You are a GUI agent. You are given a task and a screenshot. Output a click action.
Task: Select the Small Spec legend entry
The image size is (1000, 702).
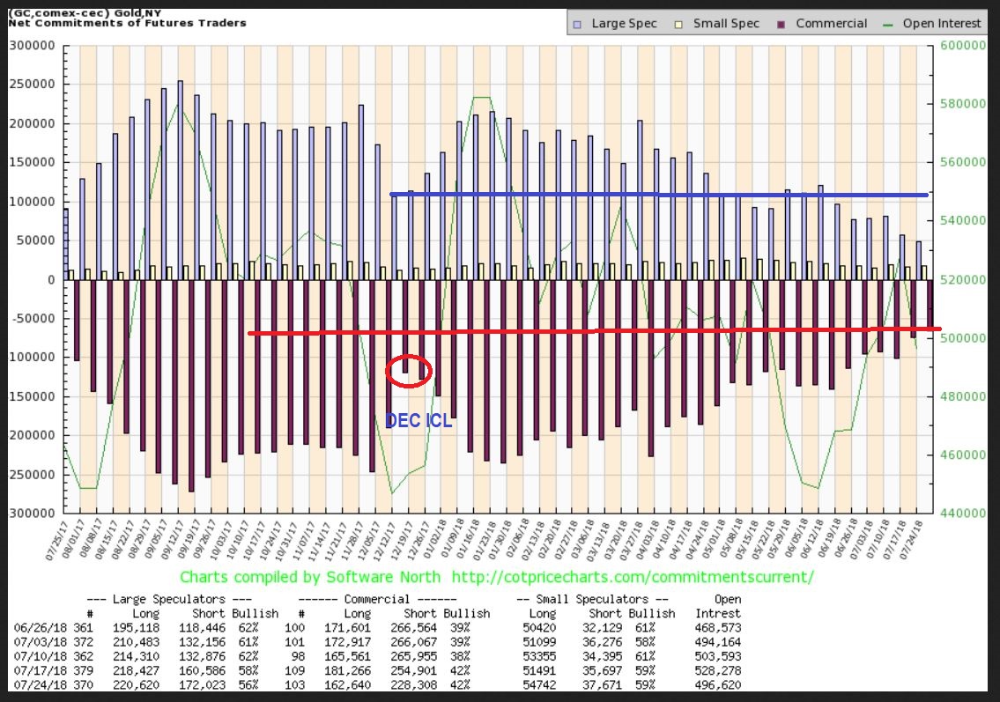719,23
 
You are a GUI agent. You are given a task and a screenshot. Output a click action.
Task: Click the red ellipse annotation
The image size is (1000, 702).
409,370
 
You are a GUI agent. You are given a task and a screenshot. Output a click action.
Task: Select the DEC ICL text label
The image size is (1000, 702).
419,422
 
